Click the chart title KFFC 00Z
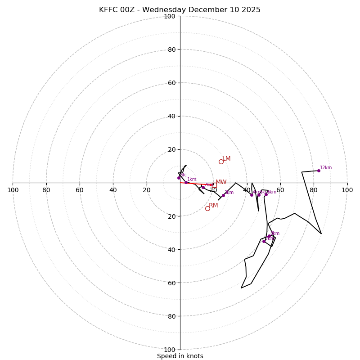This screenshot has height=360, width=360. pyautogui.click(x=180, y=10)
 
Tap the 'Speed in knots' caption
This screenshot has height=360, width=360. pyautogui.click(x=180, y=356)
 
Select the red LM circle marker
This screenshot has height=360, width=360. pyautogui.click(x=221, y=162)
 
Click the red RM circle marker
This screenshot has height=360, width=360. pyautogui.click(x=207, y=208)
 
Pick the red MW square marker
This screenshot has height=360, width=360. pyautogui.click(x=214, y=184)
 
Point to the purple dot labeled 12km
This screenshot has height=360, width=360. pyautogui.click(x=319, y=171)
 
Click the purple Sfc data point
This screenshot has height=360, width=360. pyautogui.click(x=179, y=178)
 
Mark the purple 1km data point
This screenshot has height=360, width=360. pyautogui.click(x=186, y=182)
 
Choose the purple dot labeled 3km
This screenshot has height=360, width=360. pyautogui.click(x=223, y=195)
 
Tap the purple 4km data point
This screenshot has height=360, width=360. pyautogui.click(x=252, y=195)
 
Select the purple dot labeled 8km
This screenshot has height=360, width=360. pyautogui.click(x=269, y=236)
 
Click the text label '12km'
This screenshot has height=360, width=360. pyautogui.click(x=326, y=168)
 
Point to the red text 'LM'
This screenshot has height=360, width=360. pyautogui.click(x=226, y=159)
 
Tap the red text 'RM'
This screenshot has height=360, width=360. pyautogui.click(x=213, y=206)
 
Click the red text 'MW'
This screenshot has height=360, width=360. pyautogui.click(x=221, y=182)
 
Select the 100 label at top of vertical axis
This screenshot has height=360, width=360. pyautogui.click(x=170, y=16)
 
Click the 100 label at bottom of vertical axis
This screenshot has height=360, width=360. pyautogui.click(x=170, y=350)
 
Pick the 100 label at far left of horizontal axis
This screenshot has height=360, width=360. pyautogui.click(x=13, y=190)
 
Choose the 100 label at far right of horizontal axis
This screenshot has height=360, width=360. pyautogui.click(x=347, y=190)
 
